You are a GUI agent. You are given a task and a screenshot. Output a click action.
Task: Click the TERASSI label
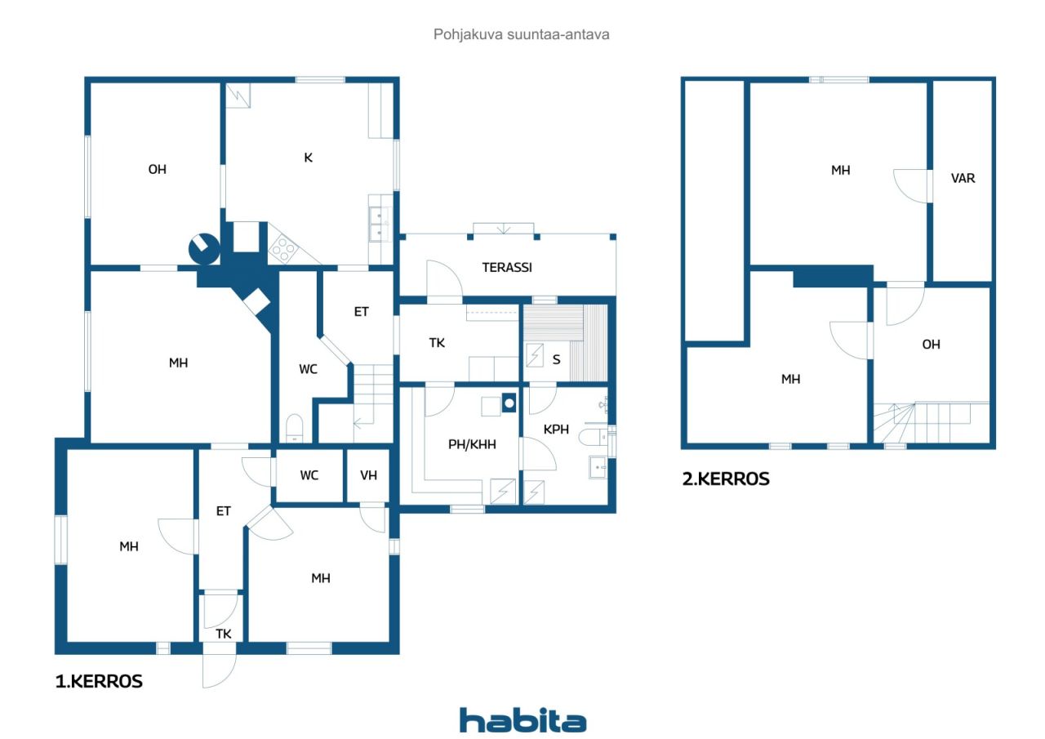tap(507, 267)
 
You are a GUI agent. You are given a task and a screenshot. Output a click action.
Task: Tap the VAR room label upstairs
tap(963, 178)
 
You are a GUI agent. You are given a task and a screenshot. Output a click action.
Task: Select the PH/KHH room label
tap(472, 444)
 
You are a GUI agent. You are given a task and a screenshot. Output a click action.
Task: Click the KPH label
tap(556, 430)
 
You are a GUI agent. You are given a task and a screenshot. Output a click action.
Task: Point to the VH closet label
tap(368, 475)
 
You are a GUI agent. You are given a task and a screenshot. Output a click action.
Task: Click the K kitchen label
tap(308, 158)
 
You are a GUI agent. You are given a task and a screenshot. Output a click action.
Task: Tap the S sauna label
tap(556, 360)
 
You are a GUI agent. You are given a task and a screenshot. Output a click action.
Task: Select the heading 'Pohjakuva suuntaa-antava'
tap(521, 34)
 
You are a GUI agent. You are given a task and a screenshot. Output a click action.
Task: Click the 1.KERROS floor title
tap(99, 682)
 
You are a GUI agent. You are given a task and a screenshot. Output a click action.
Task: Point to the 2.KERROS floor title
tap(726, 479)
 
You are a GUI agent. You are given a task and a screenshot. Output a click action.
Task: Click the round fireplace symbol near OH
tap(204, 249)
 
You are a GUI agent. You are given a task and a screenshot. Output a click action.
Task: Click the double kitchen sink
tap(380, 224)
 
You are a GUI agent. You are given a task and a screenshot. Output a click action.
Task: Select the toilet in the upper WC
tap(295, 427)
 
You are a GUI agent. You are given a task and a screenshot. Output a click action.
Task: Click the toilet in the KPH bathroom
tap(593, 437)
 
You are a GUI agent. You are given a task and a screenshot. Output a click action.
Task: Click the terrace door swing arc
tap(444, 278)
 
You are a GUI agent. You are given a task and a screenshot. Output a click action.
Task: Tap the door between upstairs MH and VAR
tap(910, 185)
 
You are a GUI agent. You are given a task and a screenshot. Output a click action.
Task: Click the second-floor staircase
tap(932, 423)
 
